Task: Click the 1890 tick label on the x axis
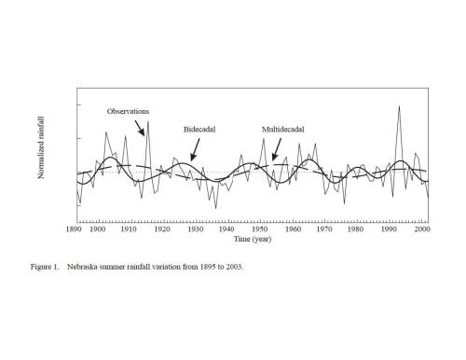(74, 229)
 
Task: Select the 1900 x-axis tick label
(97, 229)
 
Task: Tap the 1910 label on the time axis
(129, 229)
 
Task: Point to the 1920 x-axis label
(162, 229)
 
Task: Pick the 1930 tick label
(196, 229)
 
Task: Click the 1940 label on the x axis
(226, 229)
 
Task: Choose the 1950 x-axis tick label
(259, 229)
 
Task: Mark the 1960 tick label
(293, 229)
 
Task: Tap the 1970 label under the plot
(324, 229)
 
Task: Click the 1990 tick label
(389, 229)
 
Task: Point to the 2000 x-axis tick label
(422, 229)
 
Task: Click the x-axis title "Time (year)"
(253, 239)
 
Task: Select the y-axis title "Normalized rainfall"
(41, 147)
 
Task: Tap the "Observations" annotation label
(128, 111)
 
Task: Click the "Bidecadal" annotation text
(199, 130)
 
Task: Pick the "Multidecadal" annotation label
(283, 130)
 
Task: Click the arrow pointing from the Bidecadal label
(195, 150)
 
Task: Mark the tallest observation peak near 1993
(399, 106)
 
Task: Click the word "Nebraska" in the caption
(82, 267)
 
